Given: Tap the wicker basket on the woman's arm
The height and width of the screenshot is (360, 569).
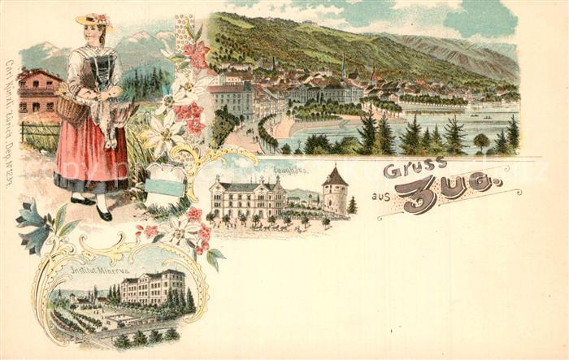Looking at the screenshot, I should point(72,107).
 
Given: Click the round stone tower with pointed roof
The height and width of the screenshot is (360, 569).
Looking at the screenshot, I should point(334,193).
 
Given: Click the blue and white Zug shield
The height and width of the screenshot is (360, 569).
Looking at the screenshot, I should point(163,185).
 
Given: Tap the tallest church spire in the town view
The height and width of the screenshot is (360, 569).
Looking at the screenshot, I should point(343,67).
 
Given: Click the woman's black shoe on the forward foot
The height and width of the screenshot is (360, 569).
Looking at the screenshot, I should point(104,215).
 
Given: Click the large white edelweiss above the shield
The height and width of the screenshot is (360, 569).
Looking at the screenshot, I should point(163,130).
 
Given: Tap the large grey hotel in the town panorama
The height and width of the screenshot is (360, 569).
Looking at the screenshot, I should point(232,98).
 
